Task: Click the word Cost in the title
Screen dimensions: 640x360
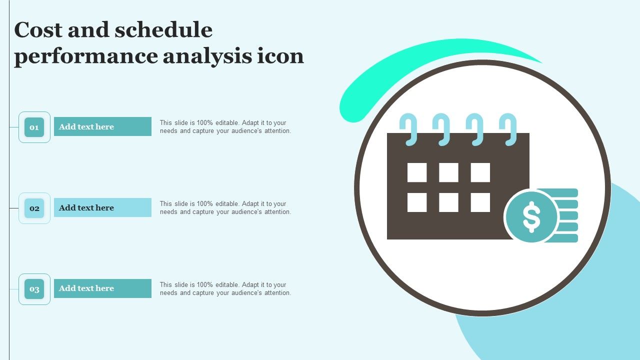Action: click(x=38, y=29)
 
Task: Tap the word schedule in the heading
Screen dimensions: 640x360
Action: click(x=163, y=29)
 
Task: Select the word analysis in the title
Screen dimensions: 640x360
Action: click(x=207, y=56)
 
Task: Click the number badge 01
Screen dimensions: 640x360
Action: click(x=34, y=127)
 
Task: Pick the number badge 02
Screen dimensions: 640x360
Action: click(x=34, y=208)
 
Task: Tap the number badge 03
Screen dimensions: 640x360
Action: click(x=34, y=289)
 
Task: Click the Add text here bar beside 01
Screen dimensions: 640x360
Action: click(x=102, y=126)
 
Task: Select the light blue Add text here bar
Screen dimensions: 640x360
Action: click(x=102, y=207)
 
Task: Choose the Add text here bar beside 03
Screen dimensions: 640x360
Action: click(x=102, y=288)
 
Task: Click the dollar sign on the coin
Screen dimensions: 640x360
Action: click(x=531, y=217)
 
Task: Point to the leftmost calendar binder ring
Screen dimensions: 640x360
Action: click(x=408, y=129)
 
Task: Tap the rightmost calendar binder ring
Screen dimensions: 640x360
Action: click(x=508, y=129)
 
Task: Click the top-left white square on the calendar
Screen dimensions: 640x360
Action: click(x=417, y=172)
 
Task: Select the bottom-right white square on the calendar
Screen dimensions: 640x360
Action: click(x=480, y=202)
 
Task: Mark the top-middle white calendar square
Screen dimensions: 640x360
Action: click(x=448, y=172)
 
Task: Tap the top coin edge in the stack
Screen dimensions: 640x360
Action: click(x=560, y=193)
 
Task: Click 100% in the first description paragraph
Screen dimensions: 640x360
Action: click(x=204, y=123)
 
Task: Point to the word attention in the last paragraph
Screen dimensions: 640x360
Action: click(x=277, y=293)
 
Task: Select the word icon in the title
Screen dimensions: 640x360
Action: click(x=280, y=56)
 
